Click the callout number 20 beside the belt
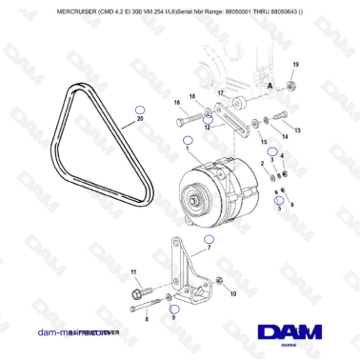(140, 120)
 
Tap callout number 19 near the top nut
(294, 63)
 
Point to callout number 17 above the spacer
(219, 92)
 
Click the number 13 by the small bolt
(298, 130)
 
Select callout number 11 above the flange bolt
(133, 272)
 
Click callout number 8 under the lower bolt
(147, 320)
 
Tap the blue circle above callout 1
(187, 139)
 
